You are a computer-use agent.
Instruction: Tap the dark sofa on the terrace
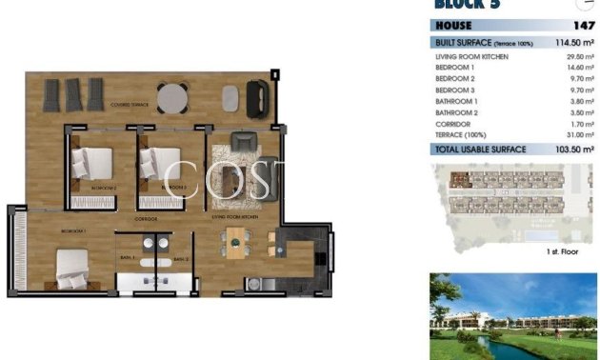(256, 96)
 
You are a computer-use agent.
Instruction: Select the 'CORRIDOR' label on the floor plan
(146, 219)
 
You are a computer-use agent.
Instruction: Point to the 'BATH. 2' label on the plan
(179, 258)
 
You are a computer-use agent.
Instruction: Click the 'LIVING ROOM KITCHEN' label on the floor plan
(235, 218)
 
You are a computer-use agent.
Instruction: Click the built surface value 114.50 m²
(575, 44)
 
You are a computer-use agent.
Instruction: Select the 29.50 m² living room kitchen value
(578, 57)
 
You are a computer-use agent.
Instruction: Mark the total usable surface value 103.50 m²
(574, 150)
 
